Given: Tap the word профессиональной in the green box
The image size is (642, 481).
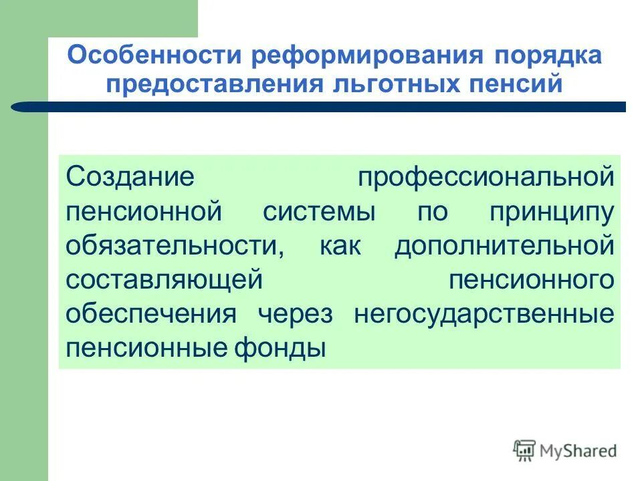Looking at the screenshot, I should (485, 178).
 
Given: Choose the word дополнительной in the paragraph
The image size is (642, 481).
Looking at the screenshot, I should (503, 245).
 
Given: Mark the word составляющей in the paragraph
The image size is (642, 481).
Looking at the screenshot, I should (163, 280).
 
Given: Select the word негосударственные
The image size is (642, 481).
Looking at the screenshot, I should (484, 314).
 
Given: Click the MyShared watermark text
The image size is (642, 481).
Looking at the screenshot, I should (577, 451).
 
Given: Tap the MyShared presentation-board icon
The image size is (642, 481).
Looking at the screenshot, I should (525, 451).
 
